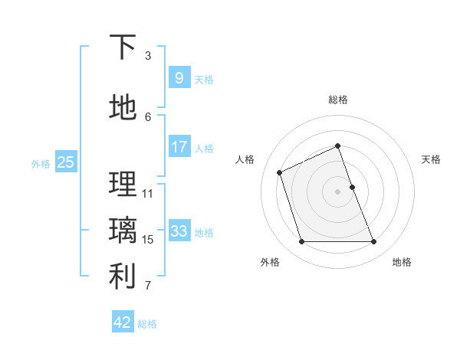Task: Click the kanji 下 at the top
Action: (123, 47)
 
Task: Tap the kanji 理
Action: (123, 184)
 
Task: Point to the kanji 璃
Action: (123, 231)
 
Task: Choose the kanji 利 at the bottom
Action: (123, 277)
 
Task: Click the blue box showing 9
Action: (179, 77)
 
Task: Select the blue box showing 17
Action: (179, 146)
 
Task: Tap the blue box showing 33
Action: (179, 231)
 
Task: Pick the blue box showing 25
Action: (65, 162)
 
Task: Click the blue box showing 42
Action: (123, 322)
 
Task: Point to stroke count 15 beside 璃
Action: (148, 240)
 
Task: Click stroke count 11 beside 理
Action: (148, 193)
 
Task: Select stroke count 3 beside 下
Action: (148, 56)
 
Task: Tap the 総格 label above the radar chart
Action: (338, 100)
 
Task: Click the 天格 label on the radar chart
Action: (432, 159)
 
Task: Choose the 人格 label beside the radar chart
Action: (245, 159)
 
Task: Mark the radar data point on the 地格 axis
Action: (374, 242)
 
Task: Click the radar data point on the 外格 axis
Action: (301, 242)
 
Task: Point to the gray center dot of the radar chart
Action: (337, 191)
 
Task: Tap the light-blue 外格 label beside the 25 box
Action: (41, 163)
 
